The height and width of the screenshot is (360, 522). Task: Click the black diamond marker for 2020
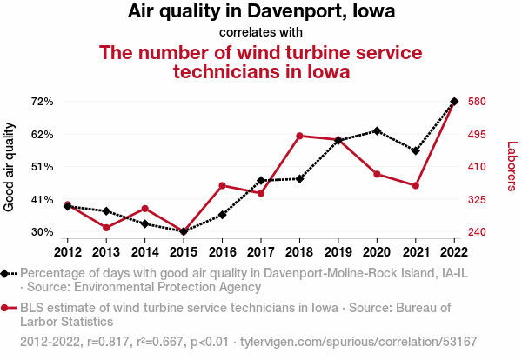[x=377, y=131]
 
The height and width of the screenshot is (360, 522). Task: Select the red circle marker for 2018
[x=299, y=136]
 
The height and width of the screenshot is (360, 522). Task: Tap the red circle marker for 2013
[x=106, y=228]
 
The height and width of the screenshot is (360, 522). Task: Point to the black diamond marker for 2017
[x=261, y=181]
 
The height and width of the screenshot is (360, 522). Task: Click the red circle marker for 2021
[x=416, y=186]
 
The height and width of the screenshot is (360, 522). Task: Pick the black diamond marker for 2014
[x=144, y=224]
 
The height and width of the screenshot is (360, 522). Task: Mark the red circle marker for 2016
[x=223, y=186]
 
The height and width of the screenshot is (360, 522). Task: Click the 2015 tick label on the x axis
[x=184, y=252]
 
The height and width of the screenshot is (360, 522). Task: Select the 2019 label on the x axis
[x=338, y=252]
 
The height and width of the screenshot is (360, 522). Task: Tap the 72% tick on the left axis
[x=43, y=102]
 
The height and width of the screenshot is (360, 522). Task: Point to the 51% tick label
[x=43, y=167]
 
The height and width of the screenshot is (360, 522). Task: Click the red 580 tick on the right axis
[x=477, y=102]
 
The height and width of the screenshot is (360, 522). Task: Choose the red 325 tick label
[x=477, y=200]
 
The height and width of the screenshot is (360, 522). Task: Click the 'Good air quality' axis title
[x=9, y=167]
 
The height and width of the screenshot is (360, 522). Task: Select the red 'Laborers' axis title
[x=512, y=166]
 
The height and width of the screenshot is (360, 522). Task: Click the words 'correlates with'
[x=261, y=32]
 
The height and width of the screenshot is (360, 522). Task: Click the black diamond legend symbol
[x=4, y=274]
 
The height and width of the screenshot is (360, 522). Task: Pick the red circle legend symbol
[x=4, y=308]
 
